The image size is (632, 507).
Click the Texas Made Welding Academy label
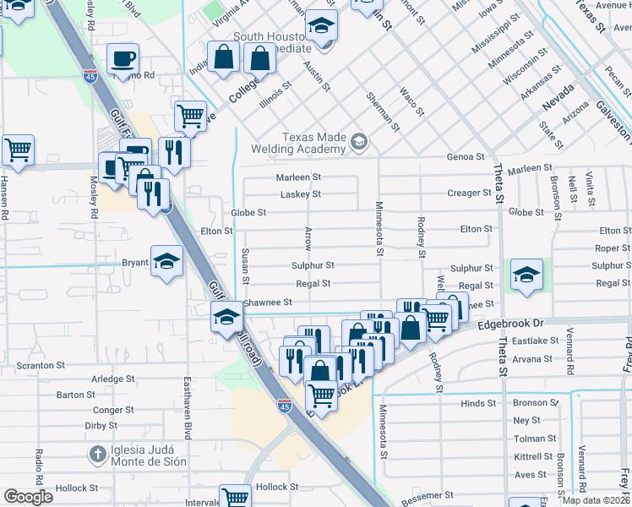click(x=313, y=143)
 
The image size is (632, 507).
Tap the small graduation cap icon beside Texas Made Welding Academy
click(x=361, y=141)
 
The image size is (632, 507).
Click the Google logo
click(x=28, y=496)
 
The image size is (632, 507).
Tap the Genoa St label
click(x=466, y=157)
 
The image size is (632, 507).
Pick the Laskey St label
click(x=300, y=194)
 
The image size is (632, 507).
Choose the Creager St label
click(x=469, y=194)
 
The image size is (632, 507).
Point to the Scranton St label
click(x=41, y=366)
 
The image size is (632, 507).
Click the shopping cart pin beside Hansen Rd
click(x=18, y=149)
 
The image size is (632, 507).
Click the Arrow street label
click(x=308, y=238)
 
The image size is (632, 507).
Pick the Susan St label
click(x=245, y=266)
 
